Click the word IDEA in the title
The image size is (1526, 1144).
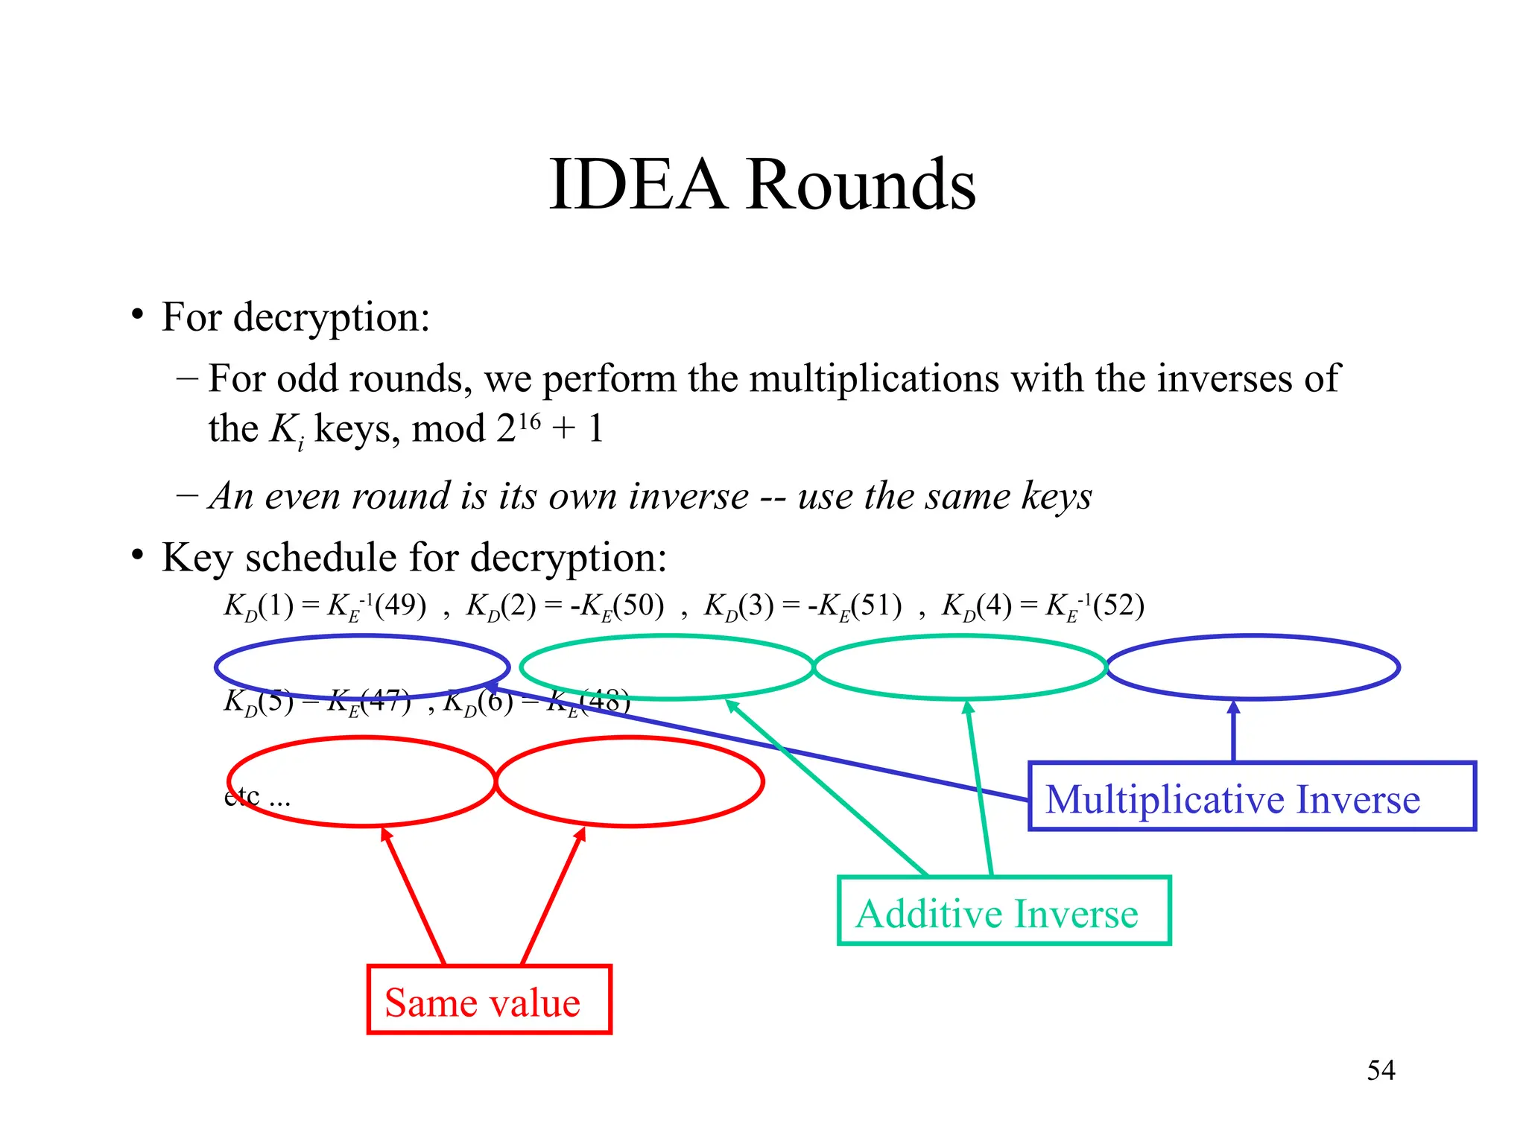point(638,185)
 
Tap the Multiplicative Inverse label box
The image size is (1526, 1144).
point(1252,797)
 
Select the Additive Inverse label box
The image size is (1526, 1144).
point(1004,912)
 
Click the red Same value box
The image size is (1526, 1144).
point(489,1000)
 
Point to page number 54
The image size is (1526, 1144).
point(1381,1070)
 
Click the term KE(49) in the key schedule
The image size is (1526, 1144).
point(377,606)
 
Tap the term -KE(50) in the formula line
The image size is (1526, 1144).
point(617,606)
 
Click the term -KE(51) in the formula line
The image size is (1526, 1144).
point(855,606)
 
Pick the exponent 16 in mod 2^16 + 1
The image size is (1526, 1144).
point(529,422)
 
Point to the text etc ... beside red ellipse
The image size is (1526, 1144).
point(257,798)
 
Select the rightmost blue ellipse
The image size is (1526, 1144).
point(1253,667)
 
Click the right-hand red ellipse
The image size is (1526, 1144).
point(630,781)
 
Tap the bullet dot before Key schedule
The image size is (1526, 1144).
point(137,556)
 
